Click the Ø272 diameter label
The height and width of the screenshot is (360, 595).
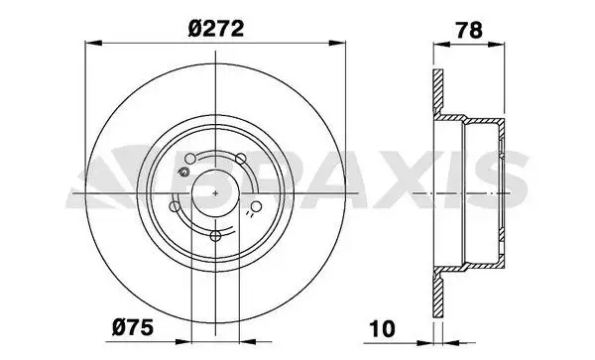(215, 29)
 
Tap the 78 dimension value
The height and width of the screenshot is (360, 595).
(469, 30)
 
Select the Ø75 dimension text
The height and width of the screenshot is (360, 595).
(133, 327)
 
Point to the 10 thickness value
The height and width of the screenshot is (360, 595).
(383, 328)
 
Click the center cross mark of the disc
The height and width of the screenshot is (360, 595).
(215, 193)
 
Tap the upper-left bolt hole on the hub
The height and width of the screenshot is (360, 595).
(190, 159)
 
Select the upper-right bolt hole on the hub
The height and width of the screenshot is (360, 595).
(241, 159)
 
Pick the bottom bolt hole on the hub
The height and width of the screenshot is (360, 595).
(215, 236)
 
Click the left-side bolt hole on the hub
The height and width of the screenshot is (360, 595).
(175, 206)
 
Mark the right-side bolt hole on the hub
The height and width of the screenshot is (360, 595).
(257, 206)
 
